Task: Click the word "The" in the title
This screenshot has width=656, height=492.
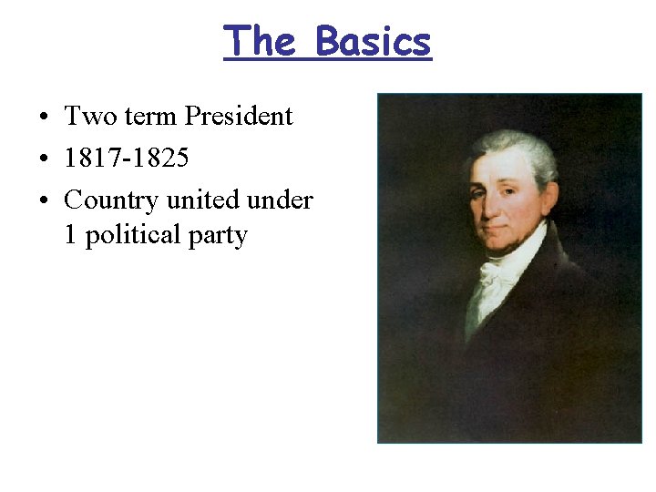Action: [260, 41]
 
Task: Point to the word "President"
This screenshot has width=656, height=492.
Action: [239, 116]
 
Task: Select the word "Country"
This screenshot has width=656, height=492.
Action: [110, 200]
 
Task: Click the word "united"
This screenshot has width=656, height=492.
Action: [201, 199]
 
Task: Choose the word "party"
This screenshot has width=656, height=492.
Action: [219, 236]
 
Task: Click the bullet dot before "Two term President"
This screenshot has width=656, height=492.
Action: [44, 118]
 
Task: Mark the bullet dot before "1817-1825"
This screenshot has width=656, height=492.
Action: [44, 159]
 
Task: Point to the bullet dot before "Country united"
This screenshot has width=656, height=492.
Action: [44, 201]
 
